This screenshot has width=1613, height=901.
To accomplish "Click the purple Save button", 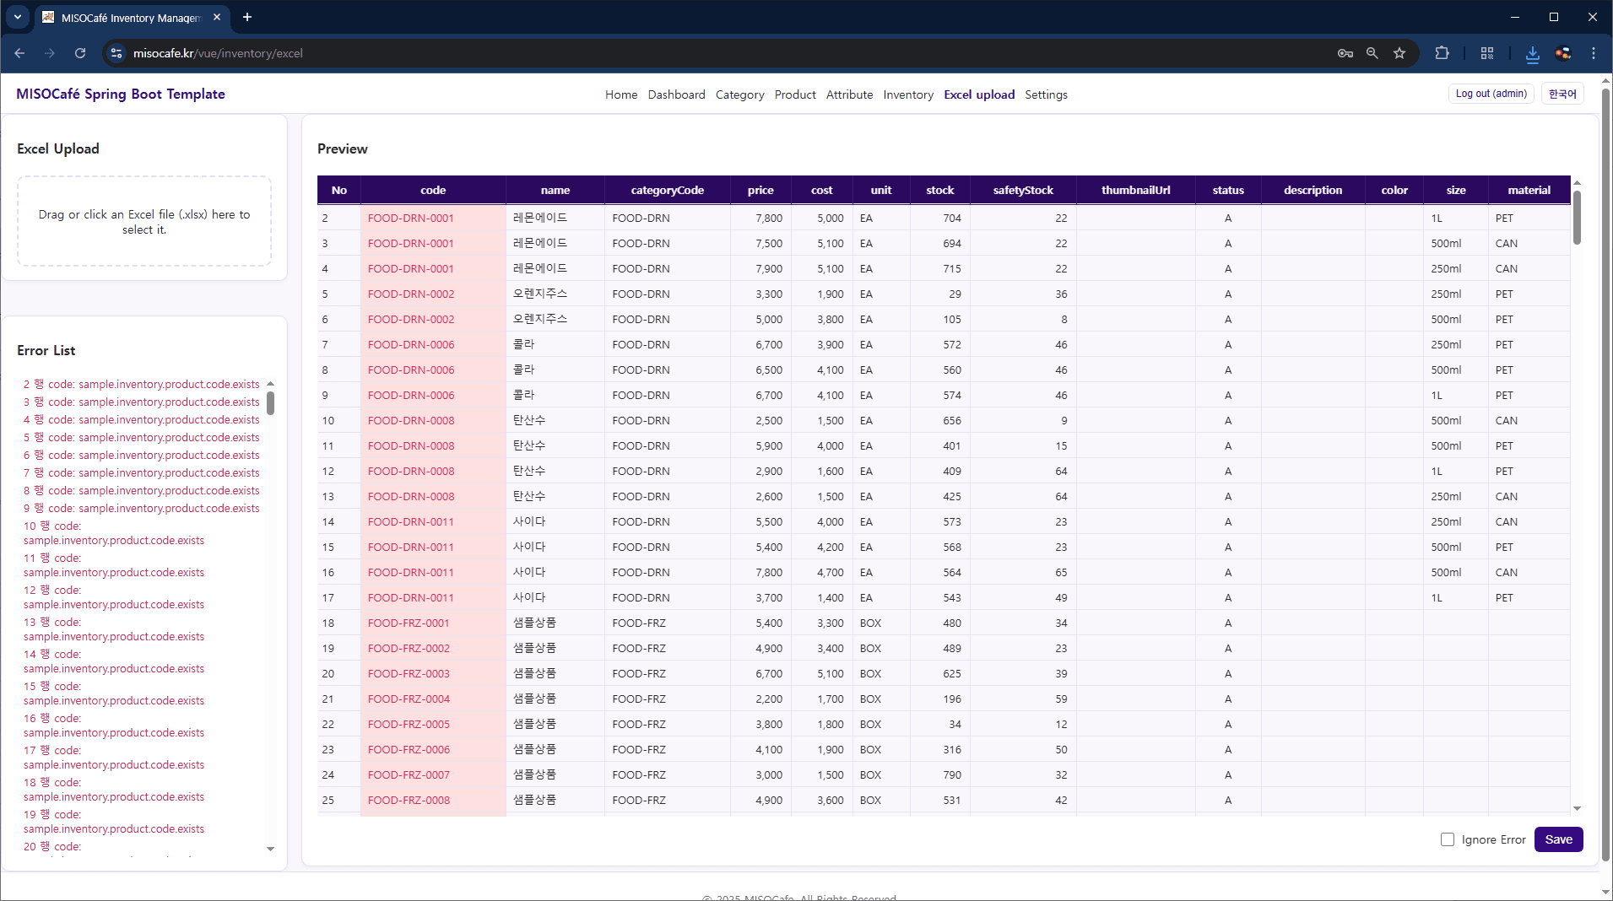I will coord(1557,839).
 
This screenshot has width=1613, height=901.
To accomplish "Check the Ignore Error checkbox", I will coord(1447,839).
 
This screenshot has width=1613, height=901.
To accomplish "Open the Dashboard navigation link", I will coord(676,94).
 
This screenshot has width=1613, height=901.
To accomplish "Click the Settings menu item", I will coord(1045,94).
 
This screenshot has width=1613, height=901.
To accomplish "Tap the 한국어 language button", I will coord(1562,94).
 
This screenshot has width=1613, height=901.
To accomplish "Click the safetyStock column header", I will coord(1022,190).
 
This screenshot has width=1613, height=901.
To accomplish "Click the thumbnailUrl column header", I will coord(1135,190).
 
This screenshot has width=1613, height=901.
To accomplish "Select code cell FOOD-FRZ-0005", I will coord(409,724).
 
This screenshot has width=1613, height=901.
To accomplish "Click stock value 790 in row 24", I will coord(951,774).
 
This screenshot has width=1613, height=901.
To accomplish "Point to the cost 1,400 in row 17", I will coord(830,597).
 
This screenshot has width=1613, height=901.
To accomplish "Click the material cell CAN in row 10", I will coord(1506,420).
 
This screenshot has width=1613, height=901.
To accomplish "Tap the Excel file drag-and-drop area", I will coord(144,221).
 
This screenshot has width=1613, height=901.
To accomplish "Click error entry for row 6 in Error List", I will coord(141,455).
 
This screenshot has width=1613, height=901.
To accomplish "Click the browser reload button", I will coord(80,53).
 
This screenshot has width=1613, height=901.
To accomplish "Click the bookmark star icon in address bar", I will coord(1399,53).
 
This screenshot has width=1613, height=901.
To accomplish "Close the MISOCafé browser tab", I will coord(217,17).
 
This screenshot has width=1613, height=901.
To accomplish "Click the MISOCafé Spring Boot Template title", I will coord(121,94).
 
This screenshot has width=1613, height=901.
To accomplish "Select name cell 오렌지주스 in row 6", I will coord(540,319).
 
